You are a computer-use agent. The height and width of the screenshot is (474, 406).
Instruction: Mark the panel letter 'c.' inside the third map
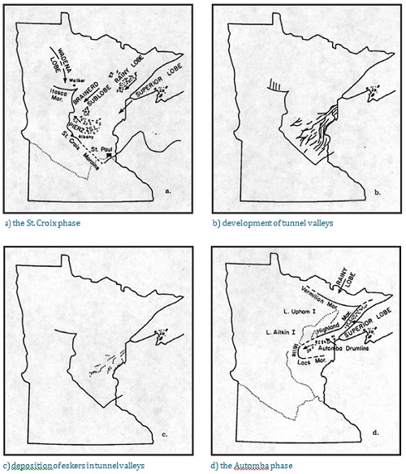point(166,433)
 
